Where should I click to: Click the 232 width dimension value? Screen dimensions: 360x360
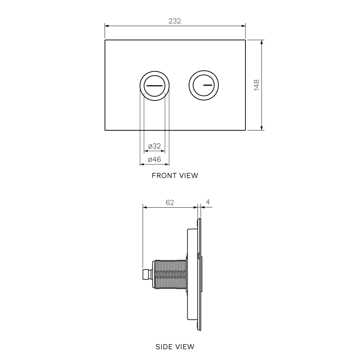pos(175,21)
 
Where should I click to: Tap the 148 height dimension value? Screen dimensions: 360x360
pos(256,85)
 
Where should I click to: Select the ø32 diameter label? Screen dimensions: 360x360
pos(154,146)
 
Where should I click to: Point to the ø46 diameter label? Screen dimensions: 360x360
pos(154,159)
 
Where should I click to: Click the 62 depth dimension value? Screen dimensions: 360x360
pos(170,202)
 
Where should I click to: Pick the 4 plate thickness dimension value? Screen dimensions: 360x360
pos(208,202)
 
